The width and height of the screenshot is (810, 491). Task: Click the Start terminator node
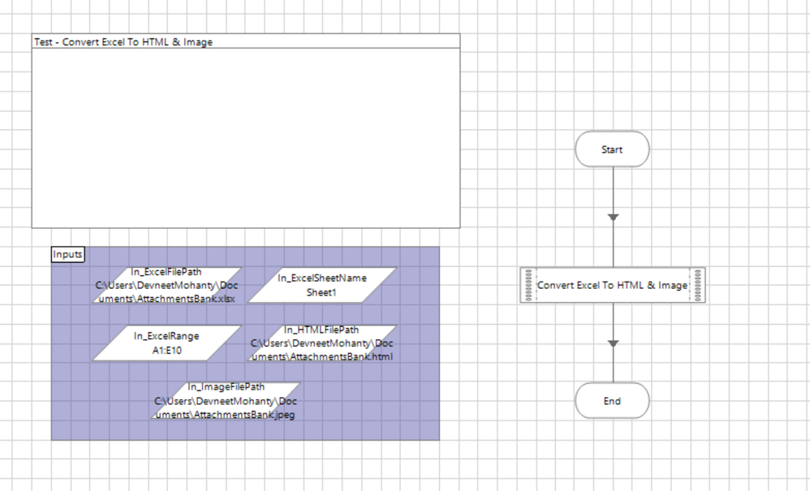click(612, 149)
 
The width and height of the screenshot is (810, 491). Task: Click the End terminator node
click(612, 401)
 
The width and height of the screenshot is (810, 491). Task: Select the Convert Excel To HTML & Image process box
click(612, 286)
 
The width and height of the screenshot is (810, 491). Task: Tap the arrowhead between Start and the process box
click(613, 217)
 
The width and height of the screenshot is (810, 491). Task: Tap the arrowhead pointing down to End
click(613, 344)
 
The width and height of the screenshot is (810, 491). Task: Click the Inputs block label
click(67, 254)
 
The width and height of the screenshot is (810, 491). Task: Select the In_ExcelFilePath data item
click(167, 285)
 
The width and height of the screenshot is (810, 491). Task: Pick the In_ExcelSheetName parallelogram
click(321, 285)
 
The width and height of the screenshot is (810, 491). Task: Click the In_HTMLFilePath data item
click(321, 343)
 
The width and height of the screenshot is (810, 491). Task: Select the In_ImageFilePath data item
click(226, 401)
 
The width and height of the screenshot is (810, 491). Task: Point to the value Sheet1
click(321, 293)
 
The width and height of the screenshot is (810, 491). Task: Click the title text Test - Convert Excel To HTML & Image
click(123, 42)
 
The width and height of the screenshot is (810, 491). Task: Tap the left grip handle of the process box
click(528, 286)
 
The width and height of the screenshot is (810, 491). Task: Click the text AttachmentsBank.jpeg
click(242, 415)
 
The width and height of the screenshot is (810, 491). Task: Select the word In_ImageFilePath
click(226, 387)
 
